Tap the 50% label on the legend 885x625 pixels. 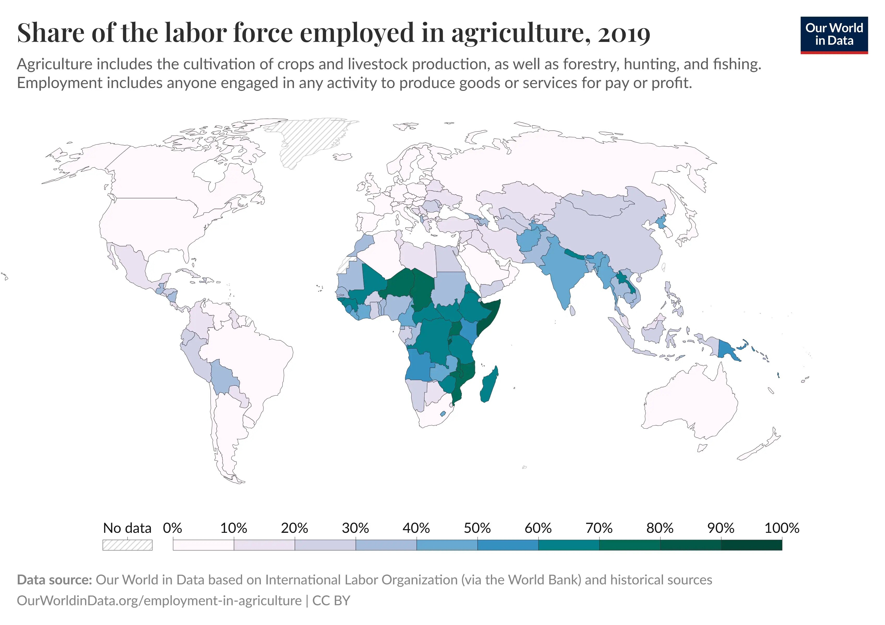click(x=477, y=528)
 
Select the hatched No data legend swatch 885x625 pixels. click(x=127, y=545)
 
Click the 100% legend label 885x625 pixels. click(x=781, y=528)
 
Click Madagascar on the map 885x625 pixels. click(x=489, y=386)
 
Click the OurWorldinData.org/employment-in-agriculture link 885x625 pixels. click(x=159, y=601)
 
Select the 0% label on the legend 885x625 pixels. click(x=172, y=528)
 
